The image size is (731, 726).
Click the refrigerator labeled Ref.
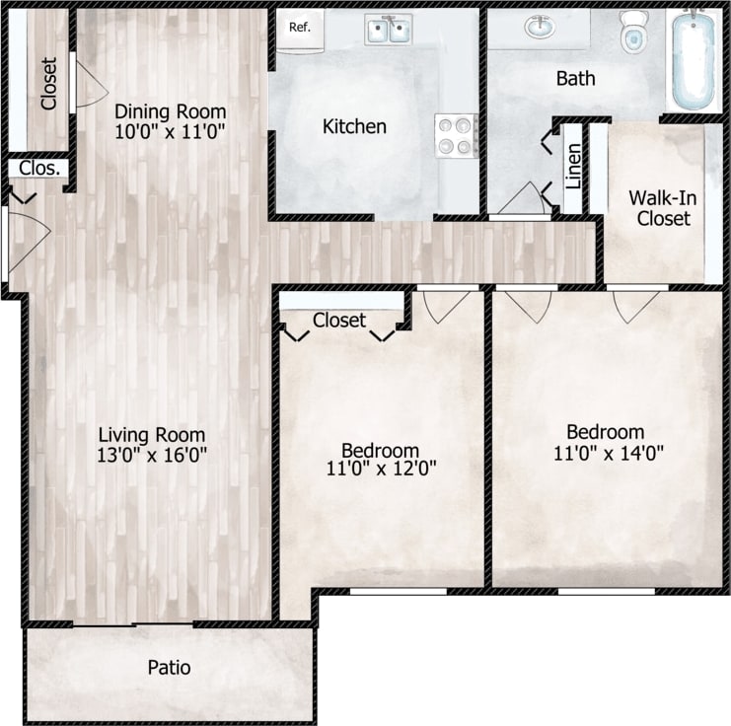pyautogui.click(x=300, y=29)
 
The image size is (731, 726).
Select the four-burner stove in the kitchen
pyautogui.click(x=456, y=136)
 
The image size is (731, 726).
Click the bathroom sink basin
pyautogui.click(x=539, y=29)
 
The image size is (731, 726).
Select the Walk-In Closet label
pyautogui.click(x=663, y=207)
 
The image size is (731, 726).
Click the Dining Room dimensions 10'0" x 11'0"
pyautogui.click(x=170, y=129)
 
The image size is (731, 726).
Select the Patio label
pyautogui.click(x=169, y=668)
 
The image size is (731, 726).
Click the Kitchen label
pyautogui.click(x=355, y=126)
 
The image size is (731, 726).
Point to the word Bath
pyautogui.click(x=575, y=78)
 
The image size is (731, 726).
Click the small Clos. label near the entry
pyautogui.click(x=38, y=168)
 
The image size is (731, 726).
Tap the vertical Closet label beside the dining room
pyautogui.click(x=48, y=83)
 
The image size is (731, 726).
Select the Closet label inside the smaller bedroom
pyautogui.click(x=339, y=321)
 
